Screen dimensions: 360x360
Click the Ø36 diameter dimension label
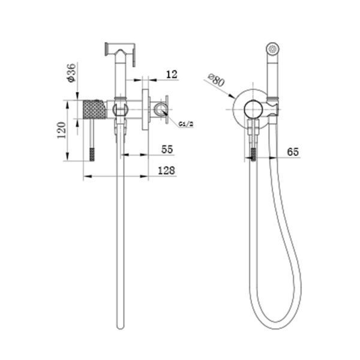pos(72,73)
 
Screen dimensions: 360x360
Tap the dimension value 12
pos(172,74)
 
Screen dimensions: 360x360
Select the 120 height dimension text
pos(61,130)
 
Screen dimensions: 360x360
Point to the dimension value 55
pos(167,149)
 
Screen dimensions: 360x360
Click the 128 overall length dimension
pos(166,170)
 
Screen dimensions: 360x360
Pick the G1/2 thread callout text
pos(186,124)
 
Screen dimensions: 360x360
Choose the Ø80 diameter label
pos(216,80)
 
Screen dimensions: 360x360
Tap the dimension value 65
pos(293,152)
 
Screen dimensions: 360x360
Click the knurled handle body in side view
pos(95,109)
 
